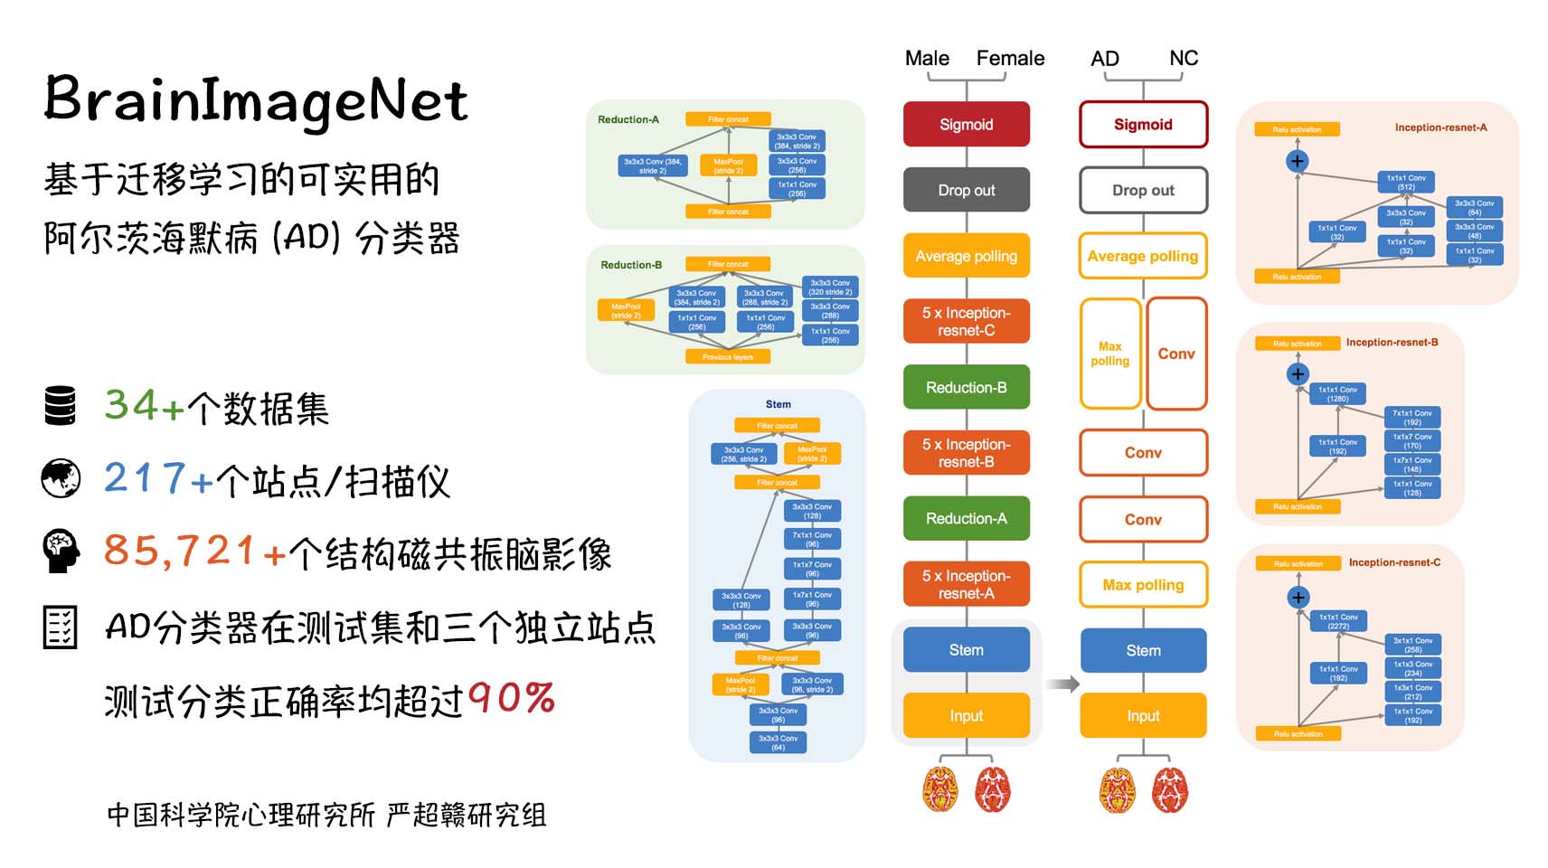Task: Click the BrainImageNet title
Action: click(x=256, y=100)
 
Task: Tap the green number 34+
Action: click(x=144, y=405)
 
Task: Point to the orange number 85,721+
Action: click(x=194, y=551)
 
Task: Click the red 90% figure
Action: click(x=512, y=698)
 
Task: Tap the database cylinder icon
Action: click(x=61, y=405)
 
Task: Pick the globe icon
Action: click(x=61, y=478)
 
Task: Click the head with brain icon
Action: click(x=61, y=551)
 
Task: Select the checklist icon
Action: click(x=61, y=626)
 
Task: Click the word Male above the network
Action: click(x=927, y=59)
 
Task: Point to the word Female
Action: click(x=1010, y=59)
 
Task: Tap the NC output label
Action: click(x=1183, y=59)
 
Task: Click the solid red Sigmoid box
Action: click(x=966, y=125)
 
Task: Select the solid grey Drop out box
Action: click(x=966, y=191)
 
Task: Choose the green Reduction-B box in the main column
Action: click(x=966, y=388)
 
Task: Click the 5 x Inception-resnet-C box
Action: click(x=966, y=322)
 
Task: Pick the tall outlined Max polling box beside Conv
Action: click(x=1110, y=354)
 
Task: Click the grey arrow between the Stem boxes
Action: click(x=1062, y=684)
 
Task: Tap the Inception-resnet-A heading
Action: click(x=1440, y=127)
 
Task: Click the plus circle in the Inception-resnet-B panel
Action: click(x=1298, y=374)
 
